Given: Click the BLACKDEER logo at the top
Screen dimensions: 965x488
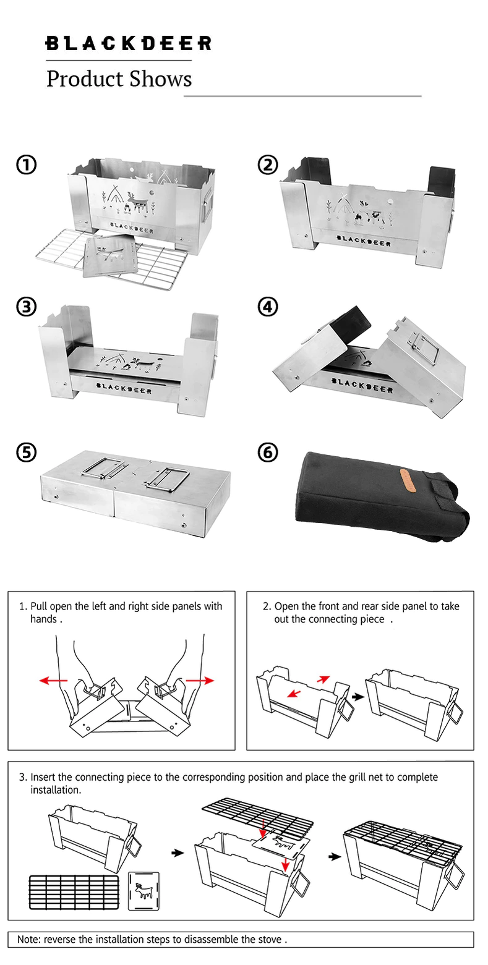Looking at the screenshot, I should point(128,43).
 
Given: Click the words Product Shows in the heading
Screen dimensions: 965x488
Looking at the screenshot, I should point(119,79).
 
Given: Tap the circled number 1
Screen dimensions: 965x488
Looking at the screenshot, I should point(26,165).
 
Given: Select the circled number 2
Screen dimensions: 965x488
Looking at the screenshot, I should point(267,165).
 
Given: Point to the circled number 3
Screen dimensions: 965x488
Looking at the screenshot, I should point(26,307).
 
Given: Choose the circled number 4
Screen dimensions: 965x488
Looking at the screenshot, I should point(267,307).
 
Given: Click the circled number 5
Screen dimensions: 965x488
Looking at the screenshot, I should point(26,452).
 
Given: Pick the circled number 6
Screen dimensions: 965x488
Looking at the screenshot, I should point(267,452).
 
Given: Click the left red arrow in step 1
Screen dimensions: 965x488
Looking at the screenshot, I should point(53,680).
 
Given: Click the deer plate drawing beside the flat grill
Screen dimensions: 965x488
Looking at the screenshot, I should point(143,890).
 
